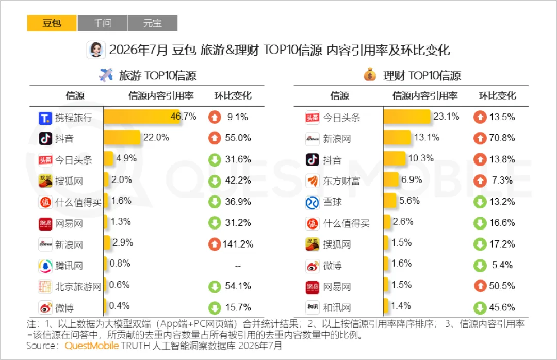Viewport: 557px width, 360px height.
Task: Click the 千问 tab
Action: [102, 23]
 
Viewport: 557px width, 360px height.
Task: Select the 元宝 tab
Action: [152, 23]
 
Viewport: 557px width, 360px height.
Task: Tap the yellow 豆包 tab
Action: [52, 23]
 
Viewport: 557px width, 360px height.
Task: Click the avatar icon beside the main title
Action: [96, 50]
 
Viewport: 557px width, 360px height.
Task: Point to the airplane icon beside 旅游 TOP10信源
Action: [106, 75]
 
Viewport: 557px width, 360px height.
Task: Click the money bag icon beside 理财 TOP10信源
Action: [370, 75]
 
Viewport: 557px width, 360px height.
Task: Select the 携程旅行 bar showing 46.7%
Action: [142, 117]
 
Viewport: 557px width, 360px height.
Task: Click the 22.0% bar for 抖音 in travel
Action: [122, 138]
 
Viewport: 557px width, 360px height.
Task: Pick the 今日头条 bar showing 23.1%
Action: [407, 117]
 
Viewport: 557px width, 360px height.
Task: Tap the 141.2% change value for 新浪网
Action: [238, 244]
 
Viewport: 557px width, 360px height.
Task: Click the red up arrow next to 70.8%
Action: [480, 138]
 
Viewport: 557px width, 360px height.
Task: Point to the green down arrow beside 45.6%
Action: [480, 307]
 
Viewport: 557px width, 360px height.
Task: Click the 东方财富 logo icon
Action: [313, 181]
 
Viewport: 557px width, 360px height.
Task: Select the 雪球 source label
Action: [332, 202]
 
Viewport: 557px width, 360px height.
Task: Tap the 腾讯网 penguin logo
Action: [45, 266]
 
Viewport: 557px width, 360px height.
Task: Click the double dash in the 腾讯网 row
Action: [238, 266]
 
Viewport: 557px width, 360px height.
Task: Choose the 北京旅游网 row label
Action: [78, 286]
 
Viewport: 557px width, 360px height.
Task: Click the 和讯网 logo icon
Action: [313, 307]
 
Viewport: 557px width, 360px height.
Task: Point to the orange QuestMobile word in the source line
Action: [92, 346]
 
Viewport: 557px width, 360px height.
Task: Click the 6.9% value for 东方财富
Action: [412, 180]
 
